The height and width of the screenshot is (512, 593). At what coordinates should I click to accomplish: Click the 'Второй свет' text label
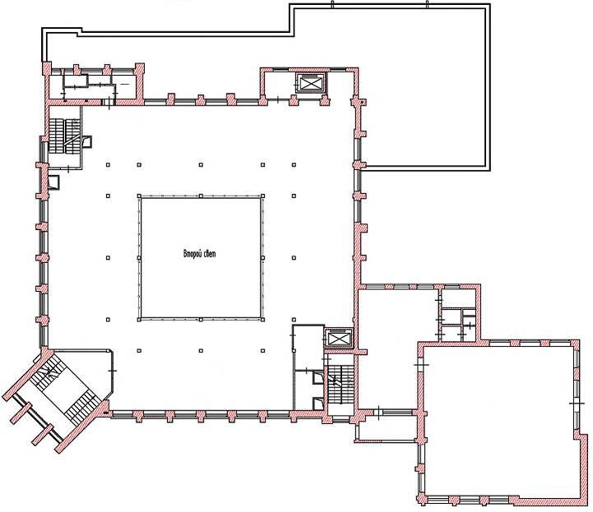tap(199, 254)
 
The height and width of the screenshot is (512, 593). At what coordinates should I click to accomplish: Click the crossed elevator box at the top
tap(310, 83)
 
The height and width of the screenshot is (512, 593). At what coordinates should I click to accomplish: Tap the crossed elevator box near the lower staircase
tap(338, 339)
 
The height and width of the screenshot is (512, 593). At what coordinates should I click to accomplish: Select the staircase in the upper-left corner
tap(63, 136)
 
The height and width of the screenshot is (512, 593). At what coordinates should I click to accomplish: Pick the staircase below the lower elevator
tap(341, 385)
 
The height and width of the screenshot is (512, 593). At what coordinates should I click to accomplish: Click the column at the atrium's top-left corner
tap(139, 196)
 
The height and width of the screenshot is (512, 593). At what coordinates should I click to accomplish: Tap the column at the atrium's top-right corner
tap(263, 196)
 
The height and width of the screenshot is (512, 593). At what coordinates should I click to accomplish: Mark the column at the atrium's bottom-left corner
tap(139, 320)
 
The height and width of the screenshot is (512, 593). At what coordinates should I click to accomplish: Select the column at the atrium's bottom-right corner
tap(263, 320)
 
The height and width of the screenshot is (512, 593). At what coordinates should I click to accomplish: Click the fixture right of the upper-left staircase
tap(88, 141)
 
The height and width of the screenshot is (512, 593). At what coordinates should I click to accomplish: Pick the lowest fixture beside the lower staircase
tap(317, 404)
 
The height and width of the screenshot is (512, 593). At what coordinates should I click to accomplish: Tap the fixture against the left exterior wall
tap(53, 182)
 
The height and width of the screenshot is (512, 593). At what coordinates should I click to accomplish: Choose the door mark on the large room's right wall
tap(577, 404)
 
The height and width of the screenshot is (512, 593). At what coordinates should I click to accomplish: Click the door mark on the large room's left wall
tap(421, 365)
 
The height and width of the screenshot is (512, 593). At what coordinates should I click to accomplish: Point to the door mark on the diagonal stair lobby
tap(113, 371)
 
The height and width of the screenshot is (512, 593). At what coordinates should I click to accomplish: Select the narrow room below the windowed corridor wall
tap(387, 431)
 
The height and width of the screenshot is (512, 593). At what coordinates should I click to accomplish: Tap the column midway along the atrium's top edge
tap(201, 196)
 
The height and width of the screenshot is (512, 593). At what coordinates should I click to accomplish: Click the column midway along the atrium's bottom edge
tap(201, 320)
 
